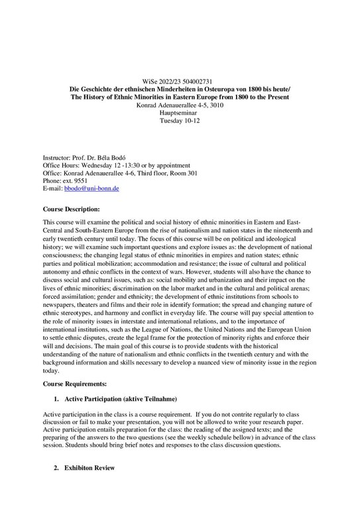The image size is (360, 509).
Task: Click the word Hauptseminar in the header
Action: (180, 113)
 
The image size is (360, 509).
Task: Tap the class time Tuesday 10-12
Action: (180, 122)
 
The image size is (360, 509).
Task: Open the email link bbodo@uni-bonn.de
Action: (91, 189)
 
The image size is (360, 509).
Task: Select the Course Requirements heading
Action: (74, 384)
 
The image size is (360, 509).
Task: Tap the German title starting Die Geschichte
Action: (180, 88)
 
